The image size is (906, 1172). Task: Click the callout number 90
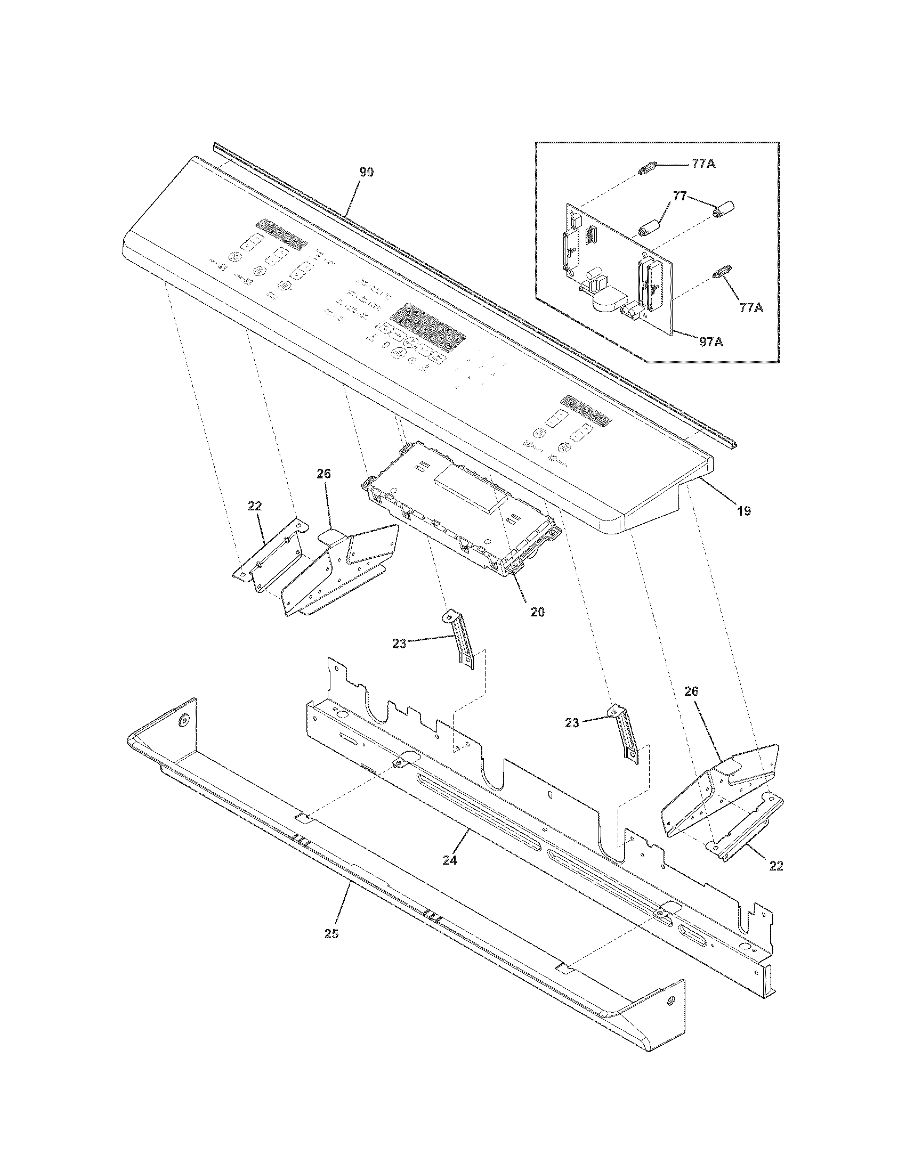367,172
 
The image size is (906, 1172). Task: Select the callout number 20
537,612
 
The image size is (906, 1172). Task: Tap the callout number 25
331,933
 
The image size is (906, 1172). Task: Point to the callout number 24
449,860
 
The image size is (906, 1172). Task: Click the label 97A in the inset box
710,341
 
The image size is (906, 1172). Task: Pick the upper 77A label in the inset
703,164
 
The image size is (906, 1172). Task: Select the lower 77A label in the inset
751,307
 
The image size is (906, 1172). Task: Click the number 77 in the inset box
679,197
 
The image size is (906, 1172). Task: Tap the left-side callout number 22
255,506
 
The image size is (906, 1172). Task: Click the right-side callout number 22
776,866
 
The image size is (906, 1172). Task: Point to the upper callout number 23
399,644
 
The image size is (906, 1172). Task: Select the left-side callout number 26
323,473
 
